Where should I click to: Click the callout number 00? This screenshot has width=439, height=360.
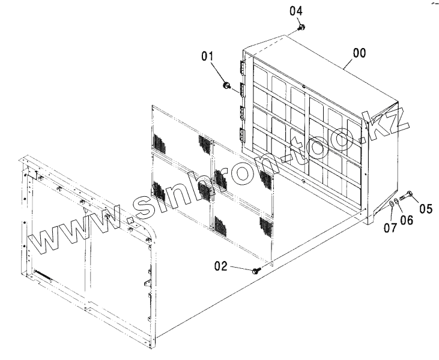click(x=359, y=53)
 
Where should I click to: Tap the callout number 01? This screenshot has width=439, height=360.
click(x=208, y=57)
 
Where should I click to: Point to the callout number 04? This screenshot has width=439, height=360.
click(x=297, y=11)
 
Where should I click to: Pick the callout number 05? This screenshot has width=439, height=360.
click(x=426, y=209)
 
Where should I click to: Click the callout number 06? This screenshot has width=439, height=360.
click(x=407, y=220)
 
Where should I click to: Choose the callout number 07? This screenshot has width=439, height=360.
click(x=390, y=227)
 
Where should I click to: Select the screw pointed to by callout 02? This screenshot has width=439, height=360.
click(x=258, y=271)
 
